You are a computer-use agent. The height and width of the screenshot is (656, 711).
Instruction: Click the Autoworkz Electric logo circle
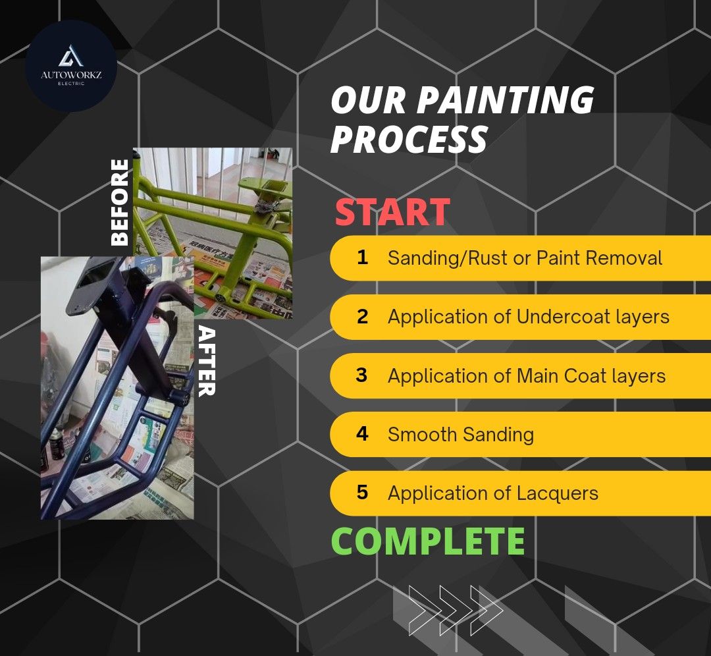(70, 66)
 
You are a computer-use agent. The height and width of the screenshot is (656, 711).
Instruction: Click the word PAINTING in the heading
(506, 101)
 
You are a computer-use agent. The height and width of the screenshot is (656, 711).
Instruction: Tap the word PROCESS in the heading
(409, 139)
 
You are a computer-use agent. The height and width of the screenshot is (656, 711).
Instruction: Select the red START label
(392, 213)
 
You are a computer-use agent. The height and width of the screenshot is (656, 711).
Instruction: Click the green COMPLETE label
(427, 541)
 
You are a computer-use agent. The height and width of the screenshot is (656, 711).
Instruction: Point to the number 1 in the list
(362, 258)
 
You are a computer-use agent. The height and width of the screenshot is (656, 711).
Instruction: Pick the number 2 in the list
(362, 317)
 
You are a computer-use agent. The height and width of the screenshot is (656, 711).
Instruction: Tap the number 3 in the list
(361, 375)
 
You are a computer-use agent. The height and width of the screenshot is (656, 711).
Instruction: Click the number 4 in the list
(362, 435)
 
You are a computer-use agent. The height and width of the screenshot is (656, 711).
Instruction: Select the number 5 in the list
(362, 493)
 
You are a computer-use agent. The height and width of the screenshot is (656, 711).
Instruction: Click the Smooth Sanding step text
(460, 435)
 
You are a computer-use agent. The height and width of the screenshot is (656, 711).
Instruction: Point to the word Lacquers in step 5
(558, 493)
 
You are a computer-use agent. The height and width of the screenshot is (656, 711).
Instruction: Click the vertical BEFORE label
(120, 202)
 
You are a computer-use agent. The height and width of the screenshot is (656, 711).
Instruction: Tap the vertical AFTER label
(206, 360)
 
